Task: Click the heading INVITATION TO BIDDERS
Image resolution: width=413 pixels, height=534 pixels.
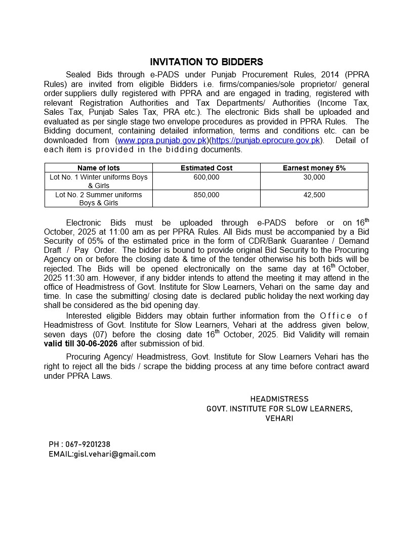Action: click(206, 62)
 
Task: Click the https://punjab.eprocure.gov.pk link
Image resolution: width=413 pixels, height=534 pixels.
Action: click(266, 140)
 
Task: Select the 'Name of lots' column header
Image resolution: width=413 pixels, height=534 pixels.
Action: click(99, 168)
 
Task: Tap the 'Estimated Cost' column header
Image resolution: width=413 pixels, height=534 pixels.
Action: click(206, 168)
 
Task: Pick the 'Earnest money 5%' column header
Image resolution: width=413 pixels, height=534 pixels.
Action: click(314, 168)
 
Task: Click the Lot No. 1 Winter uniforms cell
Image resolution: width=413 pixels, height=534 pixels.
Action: click(99, 181)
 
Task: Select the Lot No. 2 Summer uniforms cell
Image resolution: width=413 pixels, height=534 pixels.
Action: click(99, 198)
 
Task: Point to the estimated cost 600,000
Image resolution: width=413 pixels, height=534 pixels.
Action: click(206, 177)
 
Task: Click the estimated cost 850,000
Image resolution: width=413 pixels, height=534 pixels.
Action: click(206, 195)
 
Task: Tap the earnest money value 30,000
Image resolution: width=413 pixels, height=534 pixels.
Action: click(314, 177)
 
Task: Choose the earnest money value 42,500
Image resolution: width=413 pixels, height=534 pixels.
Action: click(314, 195)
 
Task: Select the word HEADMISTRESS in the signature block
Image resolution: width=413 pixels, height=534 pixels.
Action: click(279, 399)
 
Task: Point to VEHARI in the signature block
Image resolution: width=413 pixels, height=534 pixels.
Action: click(279, 418)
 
